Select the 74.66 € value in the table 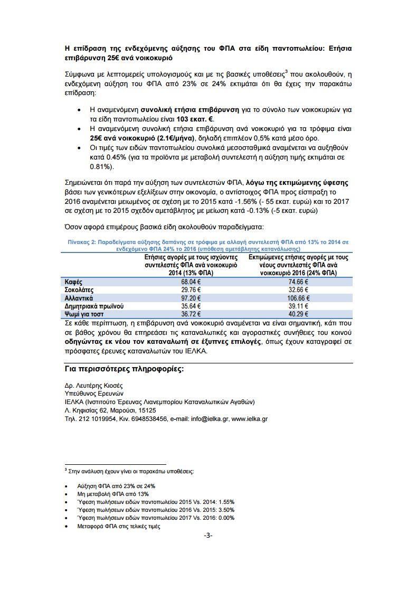(298, 282)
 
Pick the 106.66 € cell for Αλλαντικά (298, 298)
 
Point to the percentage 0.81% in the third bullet (99, 166)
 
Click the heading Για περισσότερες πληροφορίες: (125, 369)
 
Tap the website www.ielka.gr (250, 418)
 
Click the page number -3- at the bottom (208, 535)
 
